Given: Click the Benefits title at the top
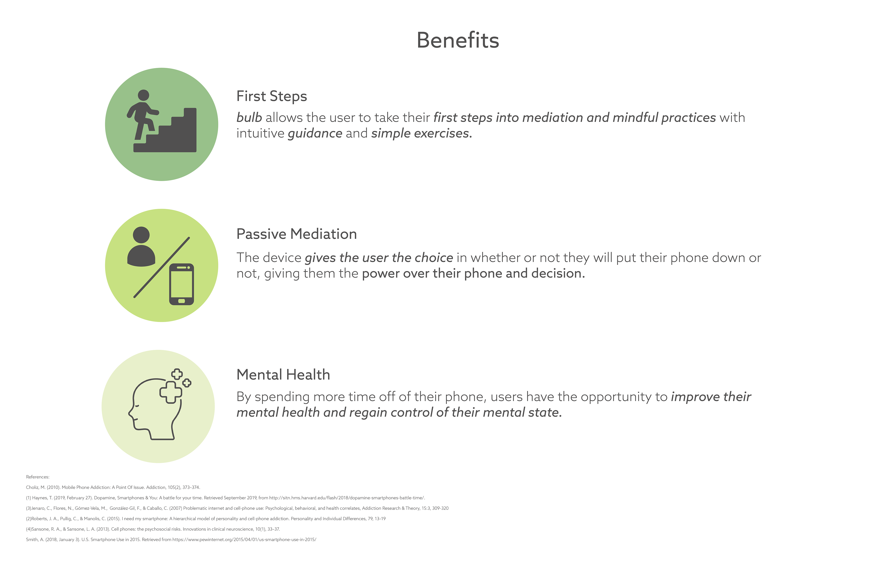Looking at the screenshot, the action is pyautogui.click(x=458, y=40).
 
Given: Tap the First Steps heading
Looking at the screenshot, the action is pyautogui.click(x=272, y=96).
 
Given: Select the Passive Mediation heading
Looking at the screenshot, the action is pyautogui.click(x=297, y=234).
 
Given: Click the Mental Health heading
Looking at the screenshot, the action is pyautogui.click(x=283, y=375).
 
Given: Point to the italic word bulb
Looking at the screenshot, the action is pyautogui.click(x=249, y=117).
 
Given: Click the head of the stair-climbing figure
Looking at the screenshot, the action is pyautogui.click(x=143, y=95).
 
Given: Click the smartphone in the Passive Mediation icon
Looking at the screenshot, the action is pyautogui.click(x=182, y=284).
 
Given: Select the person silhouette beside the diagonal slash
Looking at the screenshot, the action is pyautogui.click(x=141, y=247).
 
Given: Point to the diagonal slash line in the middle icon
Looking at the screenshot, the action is pyautogui.click(x=162, y=267).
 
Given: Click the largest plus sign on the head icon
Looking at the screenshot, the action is pyautogui.click(x=171, y=392).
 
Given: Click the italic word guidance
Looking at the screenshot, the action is pyautogui.click(x=315, y=134).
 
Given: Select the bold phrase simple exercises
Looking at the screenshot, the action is pyautogui.click(x=422, y=134).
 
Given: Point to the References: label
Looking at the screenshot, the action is pyautogui.click(x=38, y=477).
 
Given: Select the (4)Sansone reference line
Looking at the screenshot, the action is pyautogui.click(x=153, y=529).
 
